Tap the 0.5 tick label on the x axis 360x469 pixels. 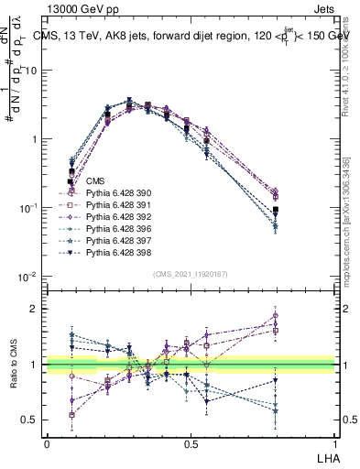pos(191,443)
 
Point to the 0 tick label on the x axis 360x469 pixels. pos(47,443)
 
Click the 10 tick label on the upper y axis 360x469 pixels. pos(30,71)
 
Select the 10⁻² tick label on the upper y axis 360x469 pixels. pos(28,277)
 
